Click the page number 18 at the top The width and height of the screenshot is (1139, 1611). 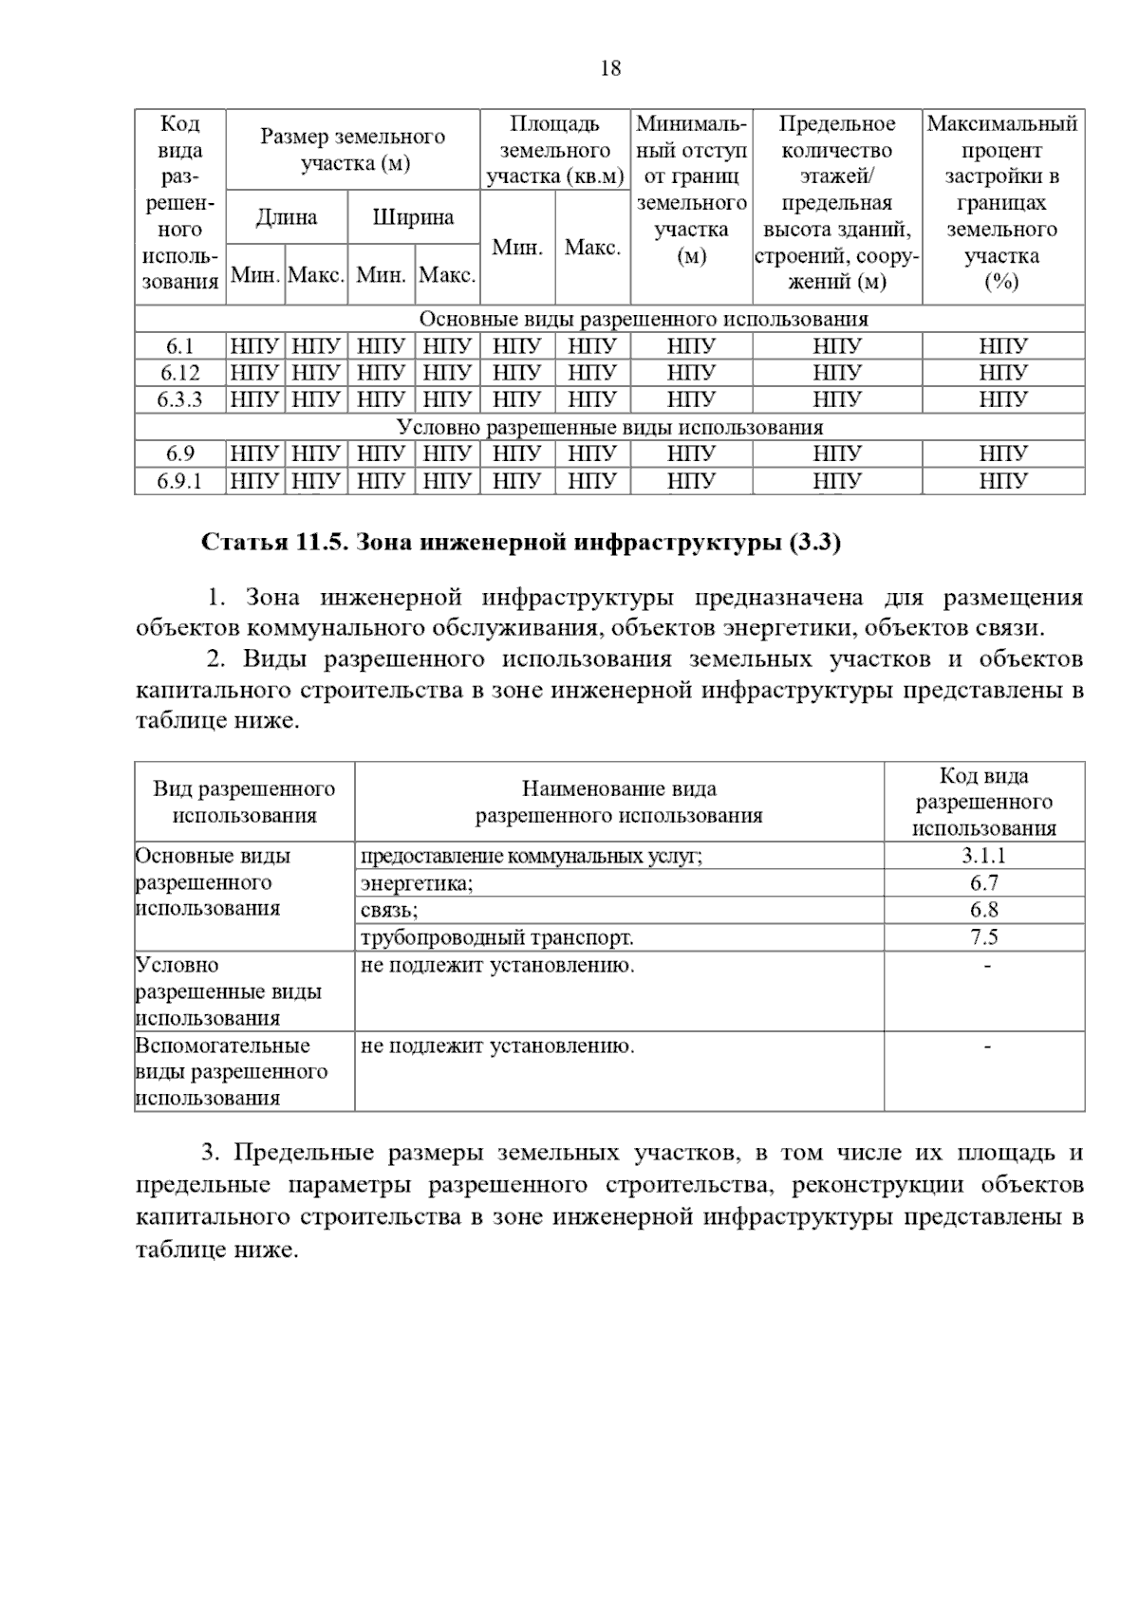[x=610, y=68]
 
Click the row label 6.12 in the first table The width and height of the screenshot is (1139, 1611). [x=180, y=373]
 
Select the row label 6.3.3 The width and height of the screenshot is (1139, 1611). [x=180, y=399]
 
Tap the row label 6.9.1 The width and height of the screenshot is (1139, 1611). [x=180, y=482]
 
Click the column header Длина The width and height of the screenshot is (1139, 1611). [x=287, y=217]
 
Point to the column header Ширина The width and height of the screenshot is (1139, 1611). [x=413, y=217]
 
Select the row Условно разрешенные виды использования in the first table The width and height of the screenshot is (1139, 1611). [x=609, y=427]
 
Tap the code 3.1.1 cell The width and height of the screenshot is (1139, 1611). [x=983, y=856]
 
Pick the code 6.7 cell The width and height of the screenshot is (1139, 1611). [x=983, y=883]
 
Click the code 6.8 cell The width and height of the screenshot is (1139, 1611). [x=983, y=910]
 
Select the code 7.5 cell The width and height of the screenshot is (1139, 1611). [x=983, y=937]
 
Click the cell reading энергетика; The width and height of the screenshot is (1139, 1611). [x=417, y=883]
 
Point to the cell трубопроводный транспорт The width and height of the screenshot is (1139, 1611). [x=496, y=938]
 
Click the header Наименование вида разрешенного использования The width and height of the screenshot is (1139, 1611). [x=619, y=802]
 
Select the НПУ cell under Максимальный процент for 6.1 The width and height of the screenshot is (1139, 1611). [x=1002, y=346]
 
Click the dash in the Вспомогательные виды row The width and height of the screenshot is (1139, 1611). [x=987, y=1046]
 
